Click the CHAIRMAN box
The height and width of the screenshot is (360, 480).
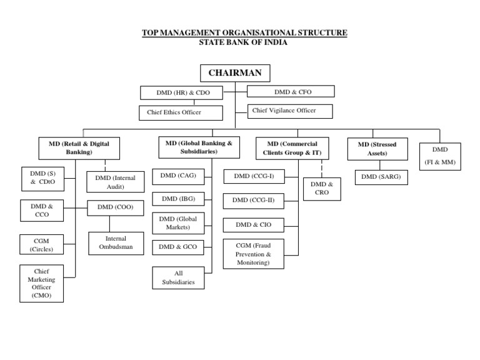(x=235, y=73)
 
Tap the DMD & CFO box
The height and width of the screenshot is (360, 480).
(x=291, y=92)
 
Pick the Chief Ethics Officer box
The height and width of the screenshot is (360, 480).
(x=181, y=113)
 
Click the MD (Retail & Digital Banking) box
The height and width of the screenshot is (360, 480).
(x=79, y=148)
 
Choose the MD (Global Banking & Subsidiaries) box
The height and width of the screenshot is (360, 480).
(x=199, y=147)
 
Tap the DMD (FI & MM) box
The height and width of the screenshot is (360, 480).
(x=440, y=156)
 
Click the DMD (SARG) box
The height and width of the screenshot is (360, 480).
(x=381, y=177)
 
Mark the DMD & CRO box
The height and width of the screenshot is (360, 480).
(x=322, y=189)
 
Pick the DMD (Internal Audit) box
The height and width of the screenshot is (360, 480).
(x=116, y=182)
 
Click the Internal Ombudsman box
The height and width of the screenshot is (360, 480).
(x=116, y=243)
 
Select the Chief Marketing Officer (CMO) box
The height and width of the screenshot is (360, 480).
(x=42, y=283)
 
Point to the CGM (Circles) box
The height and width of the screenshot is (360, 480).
(x=42, y=244)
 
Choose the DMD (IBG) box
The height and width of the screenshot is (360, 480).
(x=178, y=199)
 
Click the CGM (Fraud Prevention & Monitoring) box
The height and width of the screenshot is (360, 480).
(x=253, y=254)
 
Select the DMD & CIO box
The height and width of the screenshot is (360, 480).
(x=254, y=224)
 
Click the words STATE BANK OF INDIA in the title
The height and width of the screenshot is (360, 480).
(x=244, y=42)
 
